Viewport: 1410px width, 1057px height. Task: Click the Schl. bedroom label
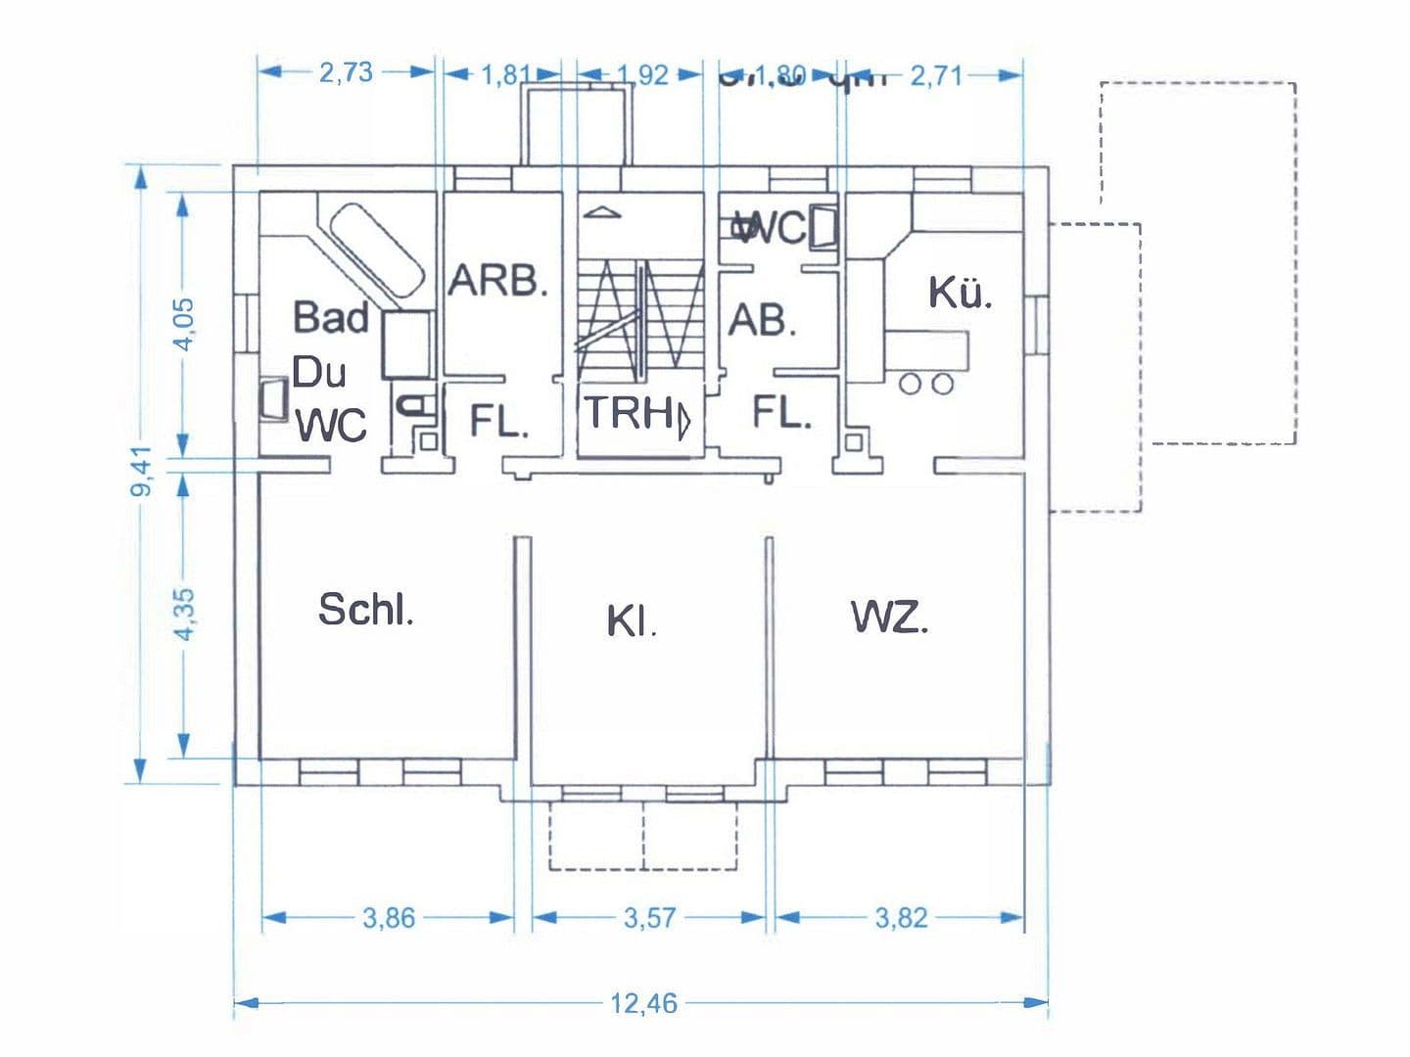click(x=366, y=610)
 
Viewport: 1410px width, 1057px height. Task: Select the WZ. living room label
click(x=889, y=618)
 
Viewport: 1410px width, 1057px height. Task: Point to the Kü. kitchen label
click(x=960, y=293)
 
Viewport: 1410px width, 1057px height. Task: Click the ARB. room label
click(x=497, y=282)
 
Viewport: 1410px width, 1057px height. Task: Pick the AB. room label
click(x=762, y=320)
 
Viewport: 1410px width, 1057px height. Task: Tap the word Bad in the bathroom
click(x=331, y=318)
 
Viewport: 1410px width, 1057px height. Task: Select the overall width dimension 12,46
click(x=643, y=1003)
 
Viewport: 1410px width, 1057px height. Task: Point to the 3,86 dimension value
click(x=389, y=918)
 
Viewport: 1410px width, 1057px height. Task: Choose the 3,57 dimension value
click(x=649, y=918)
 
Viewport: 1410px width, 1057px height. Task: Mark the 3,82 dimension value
click(x=901, y=918)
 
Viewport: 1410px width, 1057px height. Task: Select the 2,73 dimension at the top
click(x=346, y=72)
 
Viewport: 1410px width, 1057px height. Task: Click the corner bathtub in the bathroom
click(x=376, y=249)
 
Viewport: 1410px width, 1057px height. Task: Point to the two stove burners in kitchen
click(x=926, y=384)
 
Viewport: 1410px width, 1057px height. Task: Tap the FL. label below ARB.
click(x=499, y=421)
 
